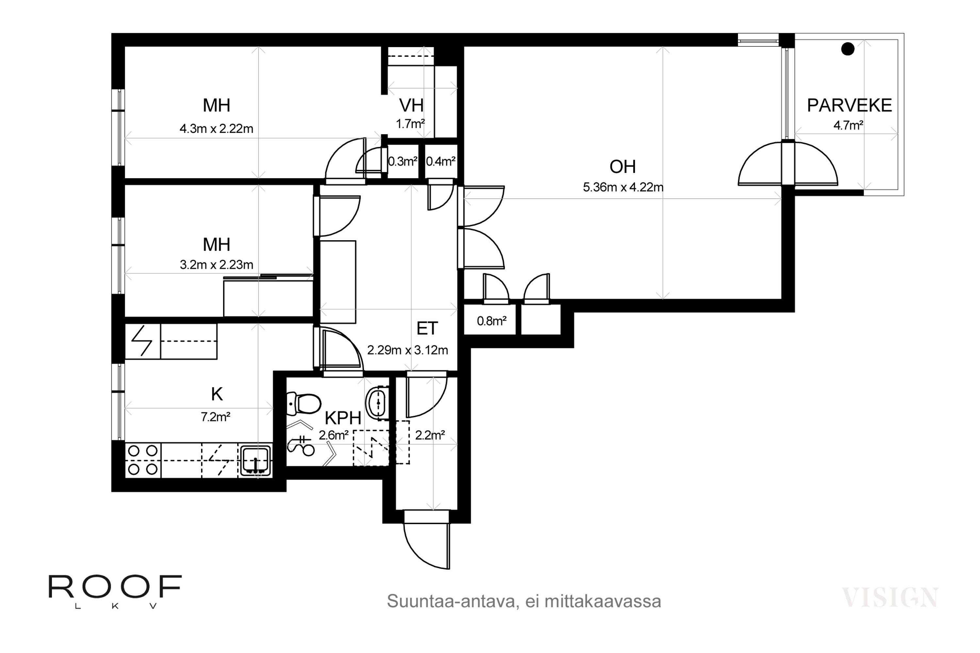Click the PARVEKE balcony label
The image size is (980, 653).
click(849, 105)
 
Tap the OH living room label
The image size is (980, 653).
click(623, 167)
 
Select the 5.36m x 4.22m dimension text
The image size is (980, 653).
click(623, 187)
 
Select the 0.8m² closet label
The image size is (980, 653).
click(492, 321)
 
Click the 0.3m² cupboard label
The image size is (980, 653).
click(402, 161)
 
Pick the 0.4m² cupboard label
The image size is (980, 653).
click(440, 161)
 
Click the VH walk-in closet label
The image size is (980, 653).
click(411, 105)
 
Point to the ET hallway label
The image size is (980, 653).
click(427, 328)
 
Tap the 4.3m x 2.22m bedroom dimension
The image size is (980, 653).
click(216, 128)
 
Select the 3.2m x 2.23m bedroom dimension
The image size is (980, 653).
click(216, 264)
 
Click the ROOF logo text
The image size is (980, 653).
click(115, 586)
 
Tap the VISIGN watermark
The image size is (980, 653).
click(890, 597)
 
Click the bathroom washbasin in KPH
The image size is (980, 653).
click(378, 402)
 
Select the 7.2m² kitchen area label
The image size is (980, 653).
click(216, 417)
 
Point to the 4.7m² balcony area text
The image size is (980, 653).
click(848, 125)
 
